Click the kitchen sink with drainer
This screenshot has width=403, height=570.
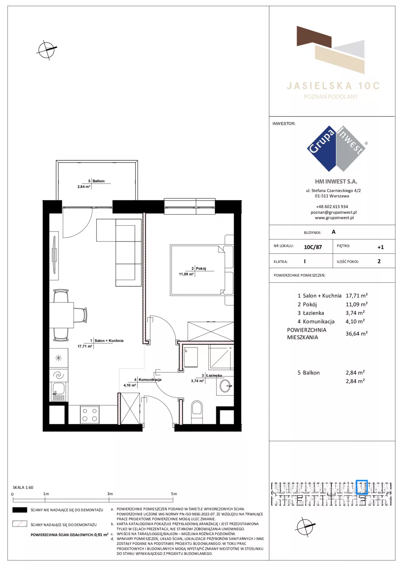pyautogui.click(x=59, y=391)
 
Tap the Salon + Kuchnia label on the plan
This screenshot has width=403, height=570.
pyautogui.click(x=109, y=340)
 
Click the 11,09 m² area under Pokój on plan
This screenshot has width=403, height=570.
pyautogui.click(x=186, y=274)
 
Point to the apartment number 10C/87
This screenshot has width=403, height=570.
pyautogui.click(x=313, y=247)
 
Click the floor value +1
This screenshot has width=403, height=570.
pyautogui.click(x=380, y=247)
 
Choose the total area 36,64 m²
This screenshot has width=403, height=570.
pyautogui.click(x=356, y=333)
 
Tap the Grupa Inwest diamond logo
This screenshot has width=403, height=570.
pyautogui.click(x=336, y=148)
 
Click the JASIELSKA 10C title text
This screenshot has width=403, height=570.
pyautogui.click(x=333, y=86)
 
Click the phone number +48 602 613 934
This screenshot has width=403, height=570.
pyautogui.click(x=332, y=207)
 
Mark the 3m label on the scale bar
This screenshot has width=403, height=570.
pyautogui.click(x=110, y=494)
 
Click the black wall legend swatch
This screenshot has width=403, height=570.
pyautogui.click(x=19, y=510)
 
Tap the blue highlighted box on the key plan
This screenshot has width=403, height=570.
pyautogui.click(x=361, y=487)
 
